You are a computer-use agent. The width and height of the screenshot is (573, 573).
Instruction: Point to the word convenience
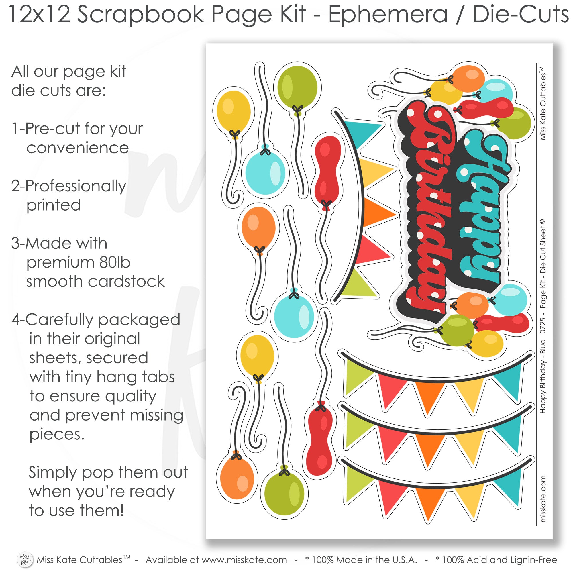pos(77,148)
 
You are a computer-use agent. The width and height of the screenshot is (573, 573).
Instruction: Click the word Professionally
pos(76,186)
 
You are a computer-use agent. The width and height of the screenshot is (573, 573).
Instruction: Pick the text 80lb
pos(115,262)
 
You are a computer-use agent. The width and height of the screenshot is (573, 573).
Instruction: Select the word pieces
pos(57,435)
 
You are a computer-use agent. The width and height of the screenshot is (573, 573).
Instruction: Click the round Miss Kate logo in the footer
pos(25,559)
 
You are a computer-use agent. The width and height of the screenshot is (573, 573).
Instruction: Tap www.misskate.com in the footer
pos(244,560)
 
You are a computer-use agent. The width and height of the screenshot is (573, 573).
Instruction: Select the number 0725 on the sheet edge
pos(542,326)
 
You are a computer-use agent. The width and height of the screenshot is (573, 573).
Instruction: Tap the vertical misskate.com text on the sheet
pos(543,499)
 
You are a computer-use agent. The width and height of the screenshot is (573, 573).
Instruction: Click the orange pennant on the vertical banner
pos(378,213)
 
